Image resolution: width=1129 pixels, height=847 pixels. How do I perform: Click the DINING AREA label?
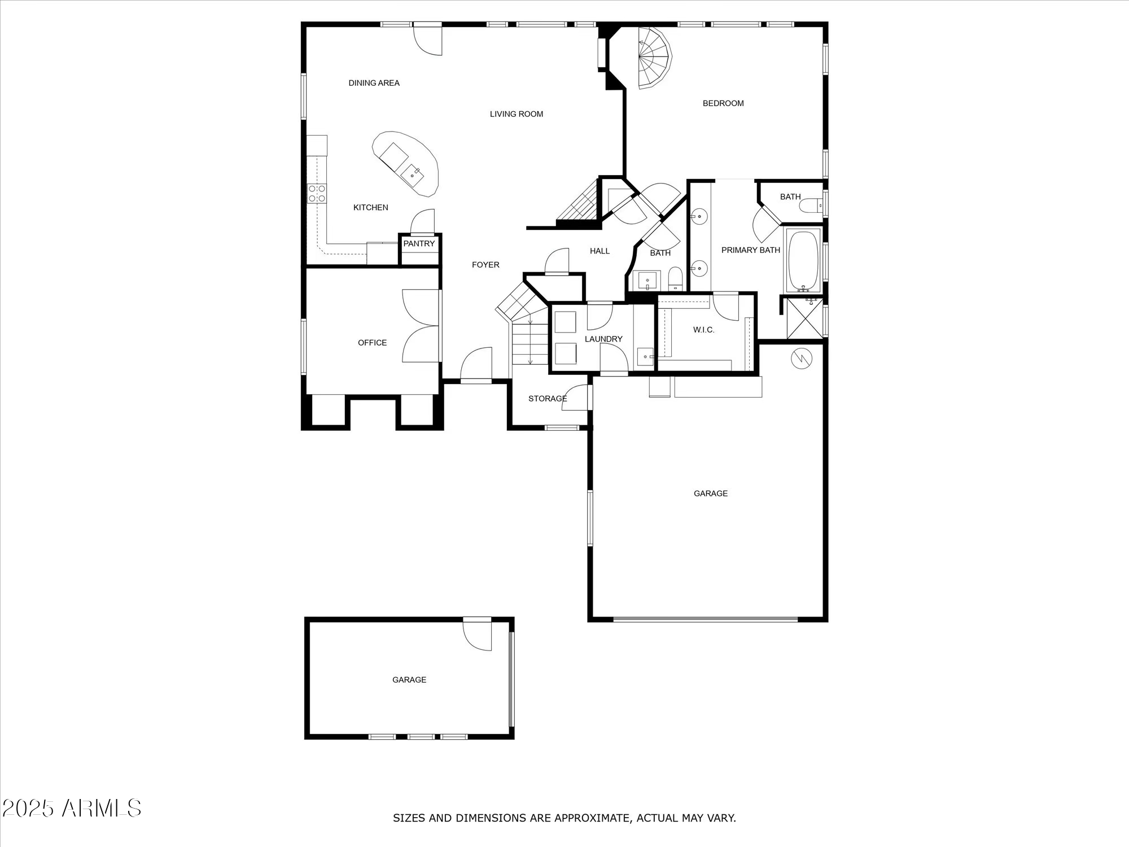(374, 83)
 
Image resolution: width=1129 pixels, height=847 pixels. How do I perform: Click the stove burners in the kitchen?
(316, 193)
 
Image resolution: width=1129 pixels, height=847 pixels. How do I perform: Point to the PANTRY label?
(419, 244)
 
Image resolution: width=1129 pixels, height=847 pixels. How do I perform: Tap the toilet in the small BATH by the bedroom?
(811, 206)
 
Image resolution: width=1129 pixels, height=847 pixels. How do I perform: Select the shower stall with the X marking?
(805, 318)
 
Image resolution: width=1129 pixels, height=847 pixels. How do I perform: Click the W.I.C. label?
(703, 330)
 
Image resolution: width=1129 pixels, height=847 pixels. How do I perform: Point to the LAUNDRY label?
(603, 339)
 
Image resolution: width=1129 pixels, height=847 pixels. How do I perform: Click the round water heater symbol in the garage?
(801, 359)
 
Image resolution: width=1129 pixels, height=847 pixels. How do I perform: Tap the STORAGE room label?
(547, 399)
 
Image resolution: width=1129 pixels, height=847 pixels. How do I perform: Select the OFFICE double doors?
(421, 326)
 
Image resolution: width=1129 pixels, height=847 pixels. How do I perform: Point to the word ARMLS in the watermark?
(102, 809)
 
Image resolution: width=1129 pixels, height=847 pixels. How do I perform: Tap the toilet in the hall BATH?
(675, 279)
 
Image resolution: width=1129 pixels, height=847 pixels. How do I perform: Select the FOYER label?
(485, 265)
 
